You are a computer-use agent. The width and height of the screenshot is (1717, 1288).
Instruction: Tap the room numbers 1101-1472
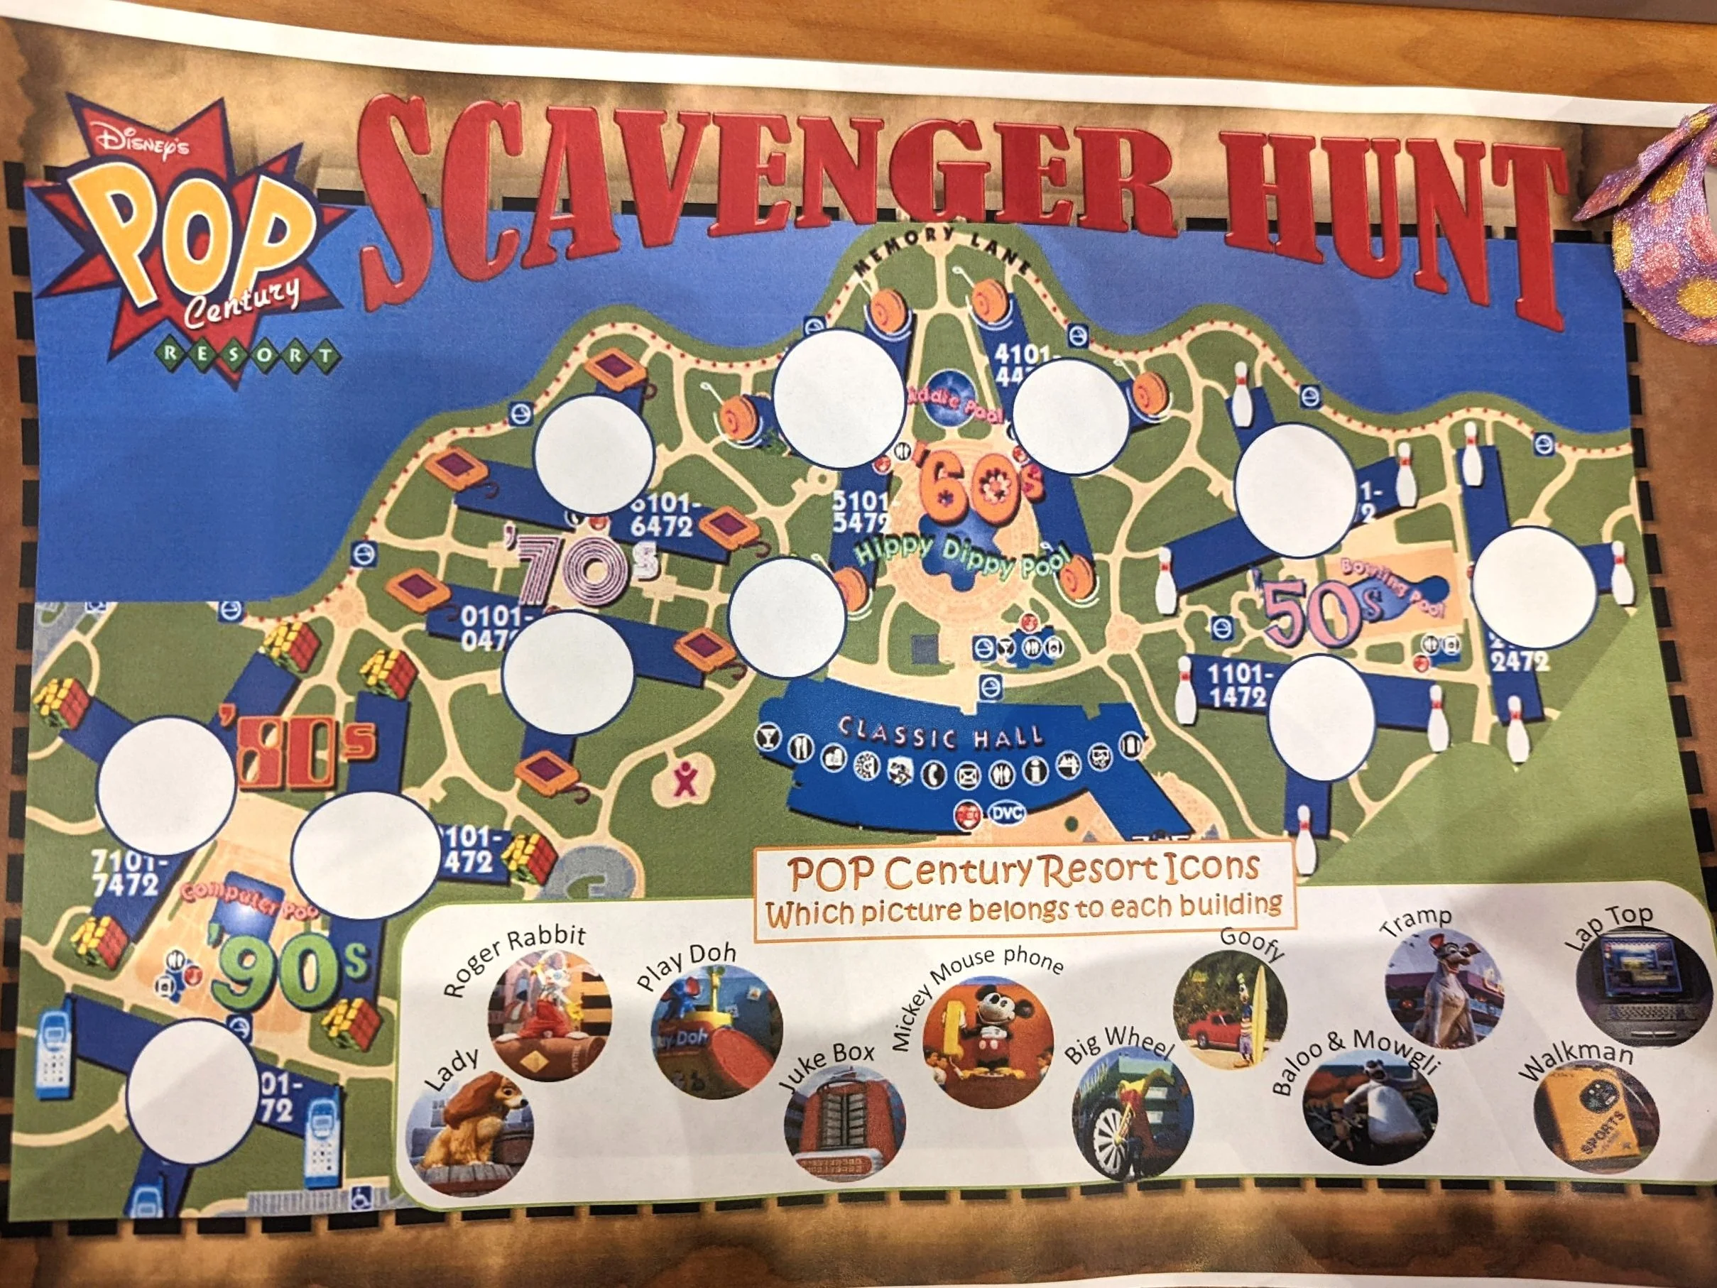[1239, 685]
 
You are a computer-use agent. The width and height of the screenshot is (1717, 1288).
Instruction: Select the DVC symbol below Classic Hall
[1006, 813]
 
